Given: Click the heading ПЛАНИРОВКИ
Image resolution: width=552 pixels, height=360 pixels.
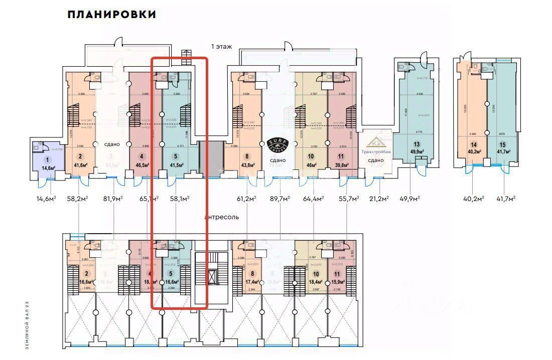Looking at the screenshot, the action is click(x=111, y=15).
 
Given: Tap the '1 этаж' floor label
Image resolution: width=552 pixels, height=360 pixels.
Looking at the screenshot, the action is click(x=221, y=46).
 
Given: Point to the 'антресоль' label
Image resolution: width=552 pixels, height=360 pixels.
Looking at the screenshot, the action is click(x=222, y=217).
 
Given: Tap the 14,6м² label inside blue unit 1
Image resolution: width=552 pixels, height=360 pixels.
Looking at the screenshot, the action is click(x=48, y=168).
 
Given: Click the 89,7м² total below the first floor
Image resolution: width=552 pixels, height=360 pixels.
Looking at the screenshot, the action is click(x=280, y=199).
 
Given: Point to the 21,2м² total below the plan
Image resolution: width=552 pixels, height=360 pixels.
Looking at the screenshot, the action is click(x=379, y=199).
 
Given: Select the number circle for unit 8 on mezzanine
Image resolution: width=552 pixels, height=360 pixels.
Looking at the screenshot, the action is click(x=252, y=274).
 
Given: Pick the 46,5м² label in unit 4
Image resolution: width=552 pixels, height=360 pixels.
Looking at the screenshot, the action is click(x=143, y=164).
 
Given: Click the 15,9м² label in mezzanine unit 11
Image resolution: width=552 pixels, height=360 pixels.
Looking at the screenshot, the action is click(x=338, y=282).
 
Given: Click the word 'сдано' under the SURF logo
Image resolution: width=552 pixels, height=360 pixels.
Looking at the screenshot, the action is click(x=278, y=160).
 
